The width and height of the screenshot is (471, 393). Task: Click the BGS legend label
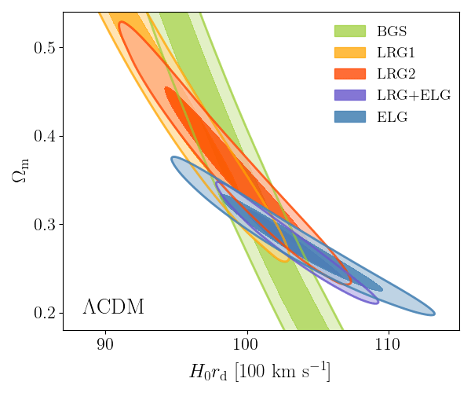point(392,32)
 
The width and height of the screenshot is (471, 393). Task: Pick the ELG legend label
point(392,117)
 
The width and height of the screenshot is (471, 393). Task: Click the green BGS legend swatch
point(349,32)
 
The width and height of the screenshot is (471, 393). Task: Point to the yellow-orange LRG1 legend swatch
point(349,53)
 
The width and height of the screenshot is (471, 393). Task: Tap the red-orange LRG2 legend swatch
point(349,75)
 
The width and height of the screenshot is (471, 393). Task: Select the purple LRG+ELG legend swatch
point(349,96)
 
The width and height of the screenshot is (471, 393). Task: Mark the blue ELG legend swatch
point(349,117)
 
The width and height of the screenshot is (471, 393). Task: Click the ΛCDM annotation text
point(113,307)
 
